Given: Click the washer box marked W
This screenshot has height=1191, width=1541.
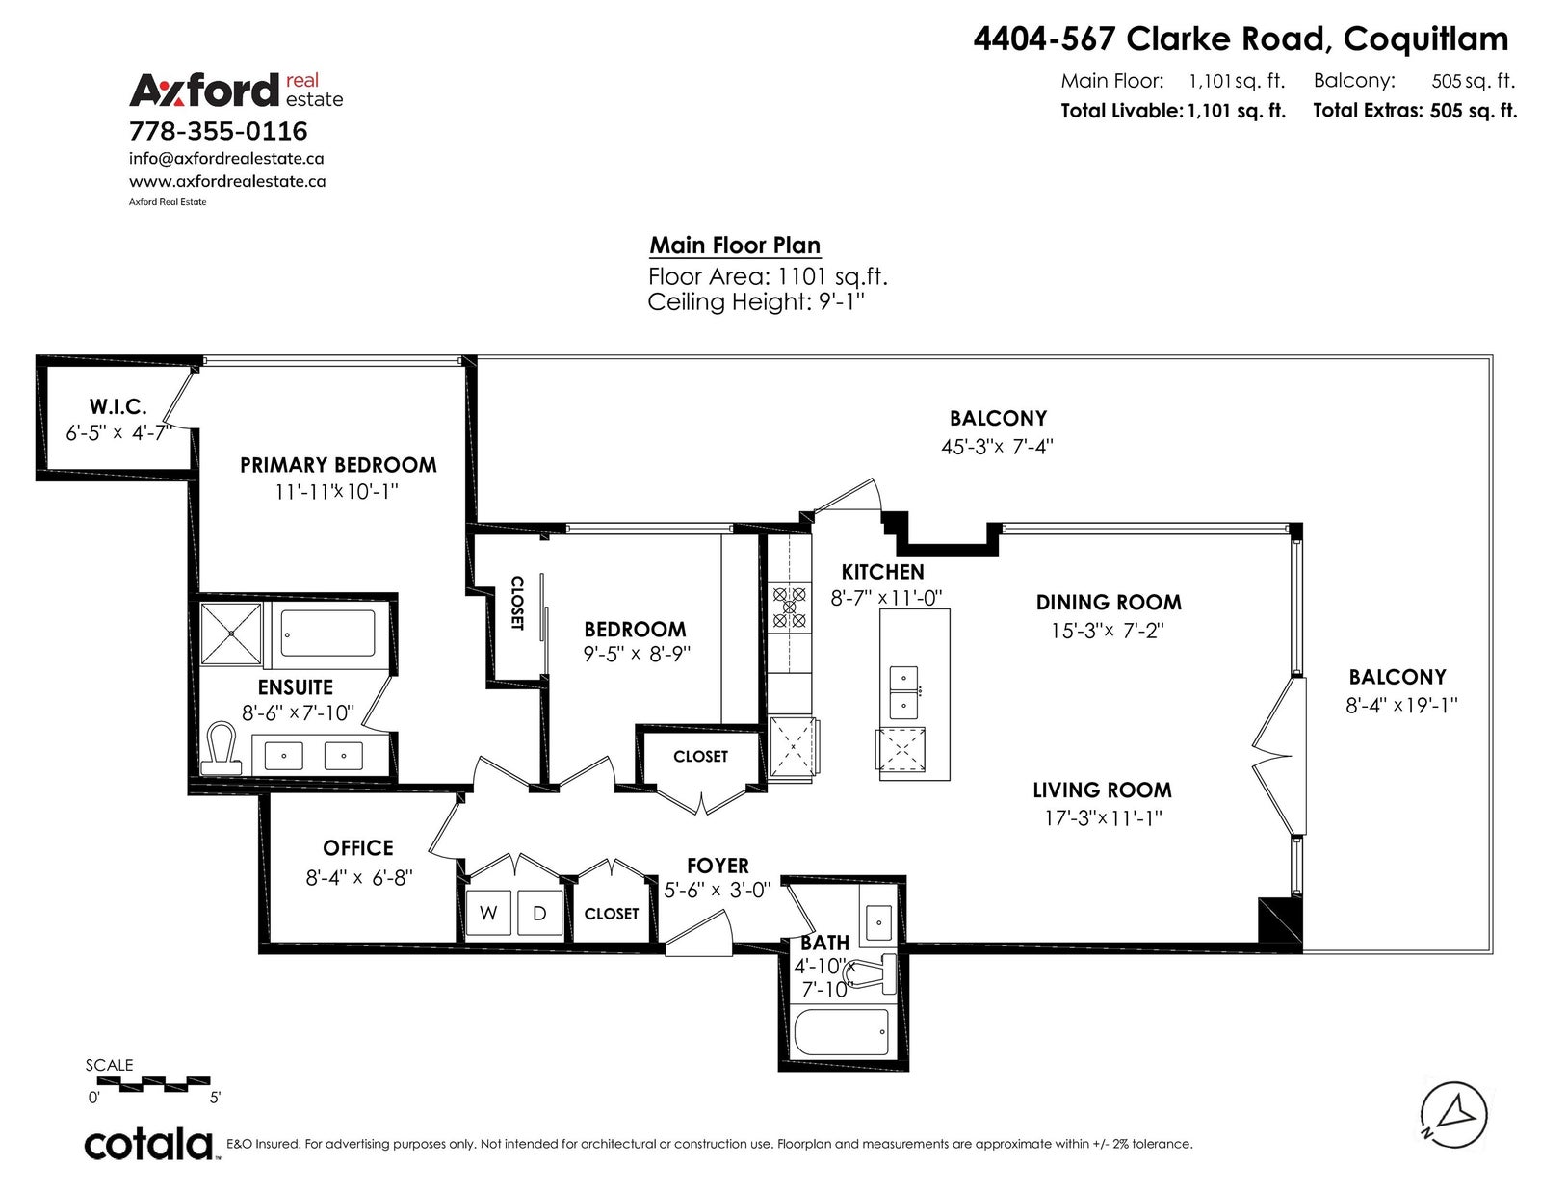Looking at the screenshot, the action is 488,913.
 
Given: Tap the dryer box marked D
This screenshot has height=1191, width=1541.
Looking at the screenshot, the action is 539,913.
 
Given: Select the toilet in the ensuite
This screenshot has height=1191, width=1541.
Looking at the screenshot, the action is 222,749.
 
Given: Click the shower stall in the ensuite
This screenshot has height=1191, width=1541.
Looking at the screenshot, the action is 230,634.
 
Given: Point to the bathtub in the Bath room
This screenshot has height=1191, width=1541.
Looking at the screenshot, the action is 842,1032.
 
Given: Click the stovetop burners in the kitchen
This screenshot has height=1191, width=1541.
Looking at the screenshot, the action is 790,607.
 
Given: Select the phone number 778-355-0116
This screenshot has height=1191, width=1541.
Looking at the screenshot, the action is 219,131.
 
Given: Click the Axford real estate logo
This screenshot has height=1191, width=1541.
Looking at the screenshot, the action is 236,91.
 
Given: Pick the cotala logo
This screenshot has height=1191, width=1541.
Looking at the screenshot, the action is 149,1145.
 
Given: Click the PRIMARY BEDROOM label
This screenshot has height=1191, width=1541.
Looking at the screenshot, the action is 338,465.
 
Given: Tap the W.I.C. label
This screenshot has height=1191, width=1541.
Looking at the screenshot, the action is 118,407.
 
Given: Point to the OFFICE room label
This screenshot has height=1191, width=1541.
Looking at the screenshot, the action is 358,848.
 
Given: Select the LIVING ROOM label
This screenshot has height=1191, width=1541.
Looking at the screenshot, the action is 1102,790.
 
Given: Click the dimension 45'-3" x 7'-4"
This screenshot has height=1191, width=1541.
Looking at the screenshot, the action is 997,447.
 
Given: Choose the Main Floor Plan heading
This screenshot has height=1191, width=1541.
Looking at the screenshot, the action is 736,246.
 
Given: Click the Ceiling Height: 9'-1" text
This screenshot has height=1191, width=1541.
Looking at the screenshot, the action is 756,302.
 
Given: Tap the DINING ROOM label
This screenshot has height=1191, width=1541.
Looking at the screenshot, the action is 1110,603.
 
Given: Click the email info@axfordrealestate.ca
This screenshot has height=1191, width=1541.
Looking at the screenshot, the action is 226,159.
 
